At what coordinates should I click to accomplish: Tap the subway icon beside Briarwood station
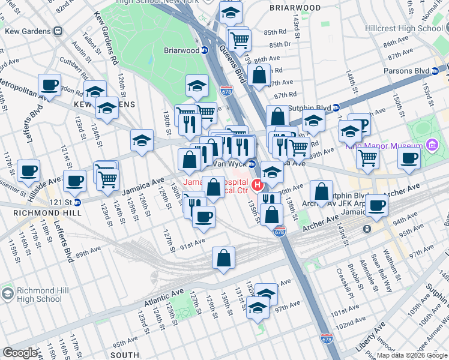coord(204,51)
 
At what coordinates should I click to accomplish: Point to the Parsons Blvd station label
coord(406,71)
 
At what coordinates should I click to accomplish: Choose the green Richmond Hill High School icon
coord(7,294)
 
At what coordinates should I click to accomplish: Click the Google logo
coord(20,353)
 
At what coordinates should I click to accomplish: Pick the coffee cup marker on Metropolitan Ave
coord(49,85)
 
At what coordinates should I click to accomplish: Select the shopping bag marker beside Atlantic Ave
coord(223,258)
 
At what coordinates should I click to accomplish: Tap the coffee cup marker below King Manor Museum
coord(409,158)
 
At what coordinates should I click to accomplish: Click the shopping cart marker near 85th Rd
coord(240,40)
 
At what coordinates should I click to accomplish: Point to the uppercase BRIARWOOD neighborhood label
coord(295,8)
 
